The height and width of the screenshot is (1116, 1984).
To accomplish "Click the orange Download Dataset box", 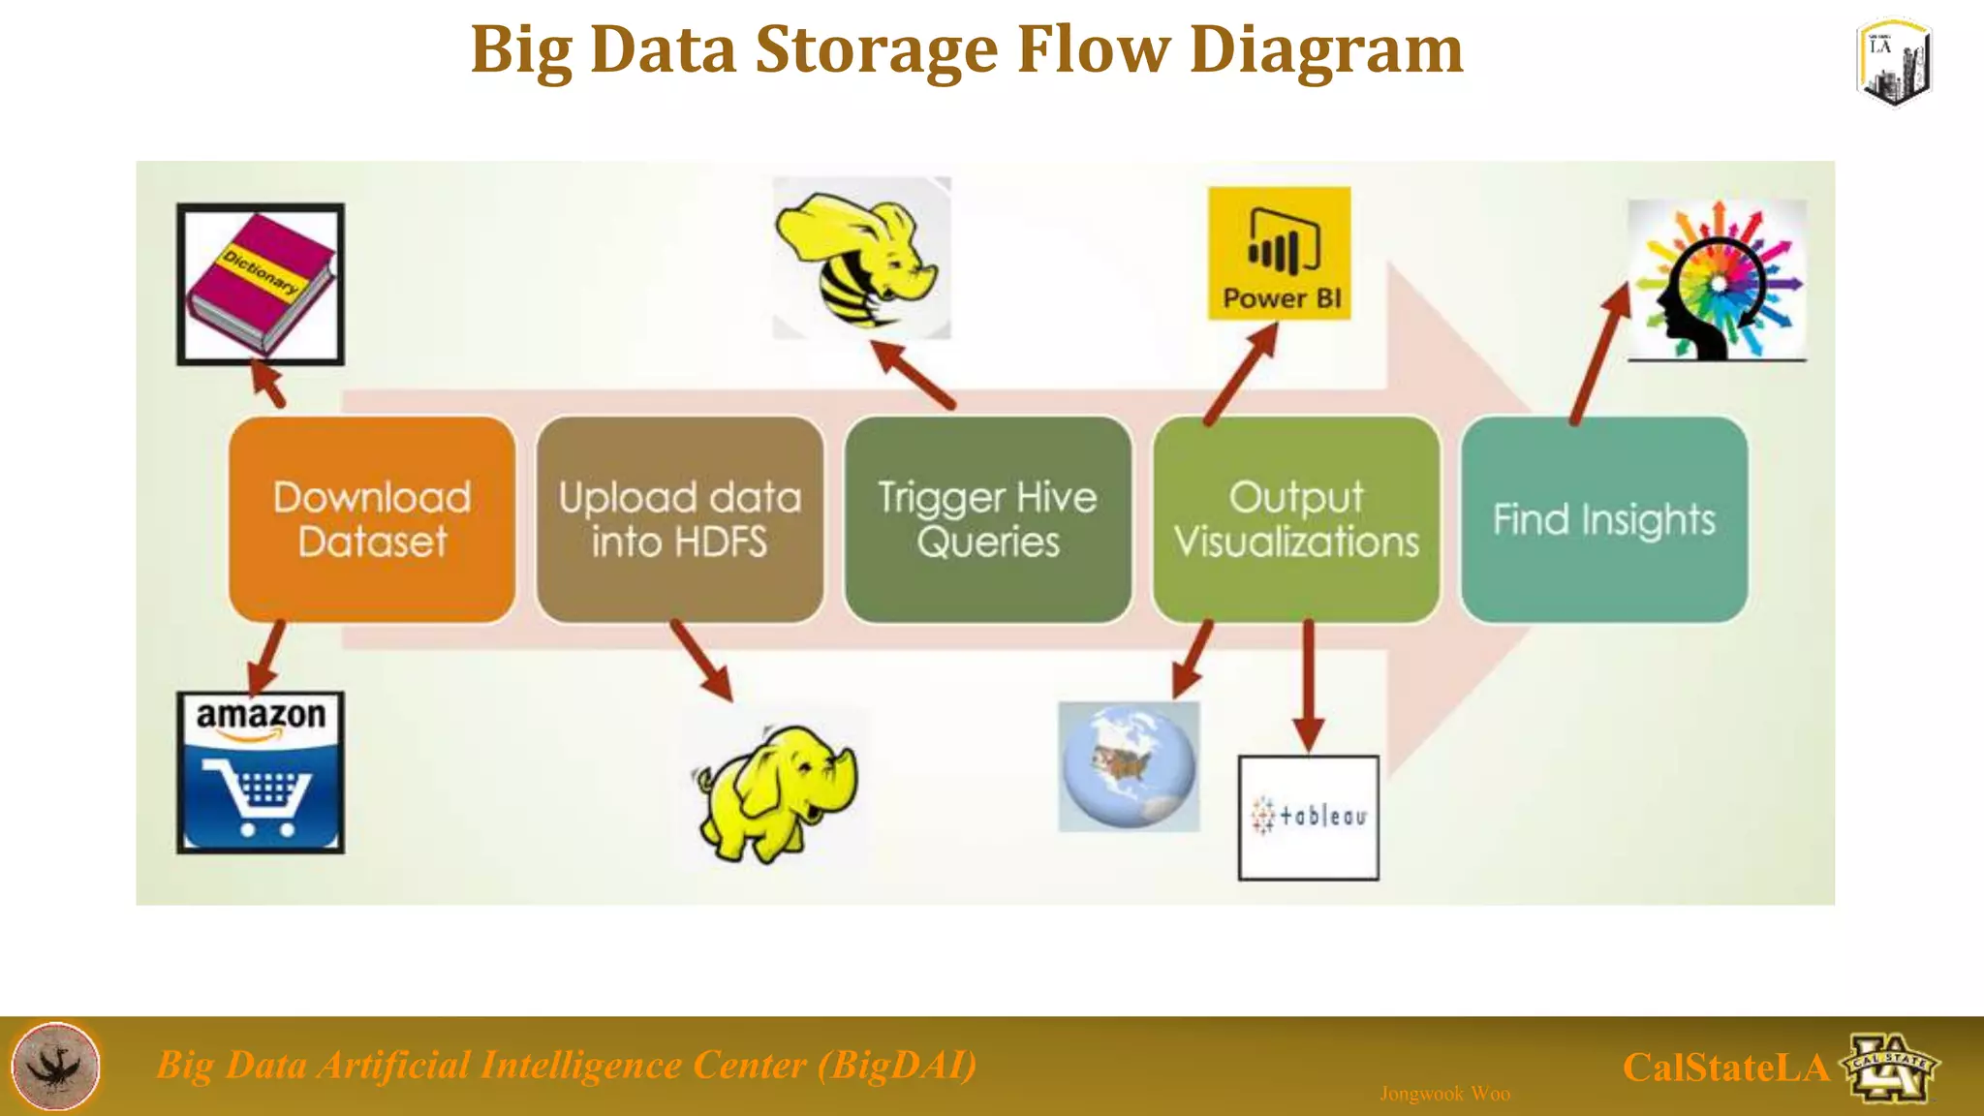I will coord(372,520).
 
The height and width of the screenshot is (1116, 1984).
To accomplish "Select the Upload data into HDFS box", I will coord(680,520).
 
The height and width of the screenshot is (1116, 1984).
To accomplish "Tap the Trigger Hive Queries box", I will coord(987,520).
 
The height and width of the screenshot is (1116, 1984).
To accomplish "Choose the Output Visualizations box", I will coord(1296,520).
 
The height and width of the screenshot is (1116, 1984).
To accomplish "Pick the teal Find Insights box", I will coord(1604,520).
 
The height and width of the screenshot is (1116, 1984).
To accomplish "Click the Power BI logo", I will coord(1279,254).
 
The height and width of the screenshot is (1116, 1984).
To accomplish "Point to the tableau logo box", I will coord(1308,818).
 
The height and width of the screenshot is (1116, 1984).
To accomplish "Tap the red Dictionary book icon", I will coord(261,284).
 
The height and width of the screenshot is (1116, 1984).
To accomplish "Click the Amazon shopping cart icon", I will coord(261,772).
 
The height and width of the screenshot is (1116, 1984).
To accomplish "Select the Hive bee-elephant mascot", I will coord(861,258).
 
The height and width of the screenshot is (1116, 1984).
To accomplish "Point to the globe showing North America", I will coord(1129,766).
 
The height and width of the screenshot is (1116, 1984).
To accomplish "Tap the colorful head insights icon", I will coord(1717,281).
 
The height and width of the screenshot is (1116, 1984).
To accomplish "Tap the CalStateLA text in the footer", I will coord(1725,1068).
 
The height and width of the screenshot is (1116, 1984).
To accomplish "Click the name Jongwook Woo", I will coord(1444,1094).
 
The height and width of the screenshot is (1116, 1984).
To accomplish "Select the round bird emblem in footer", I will coord(55,1066).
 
